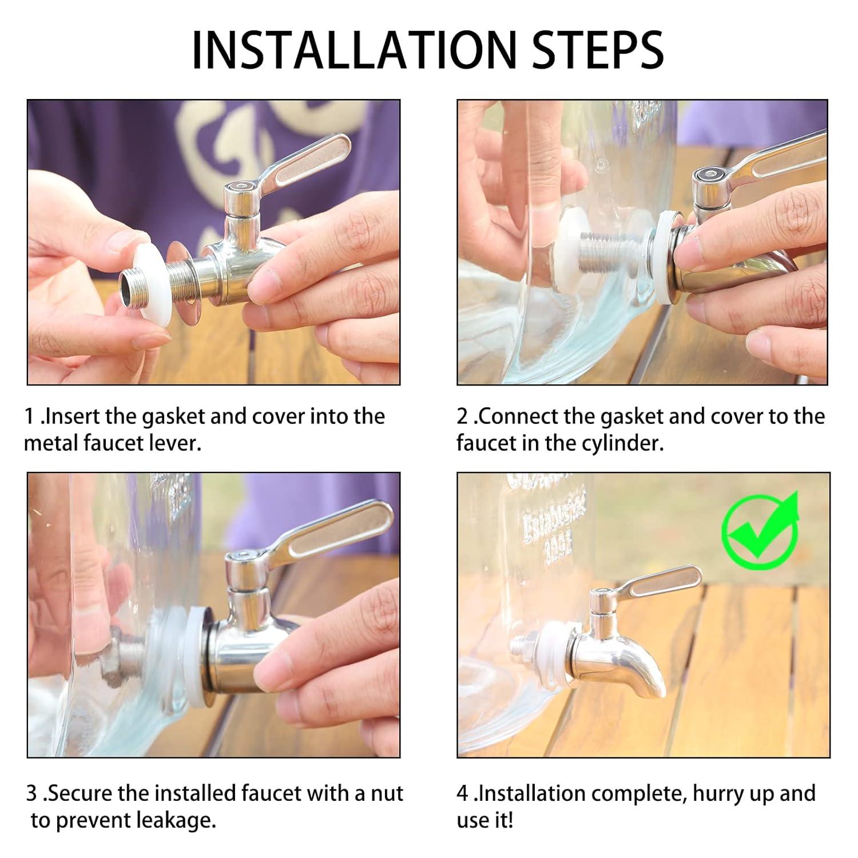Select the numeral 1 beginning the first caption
point(30,416)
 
